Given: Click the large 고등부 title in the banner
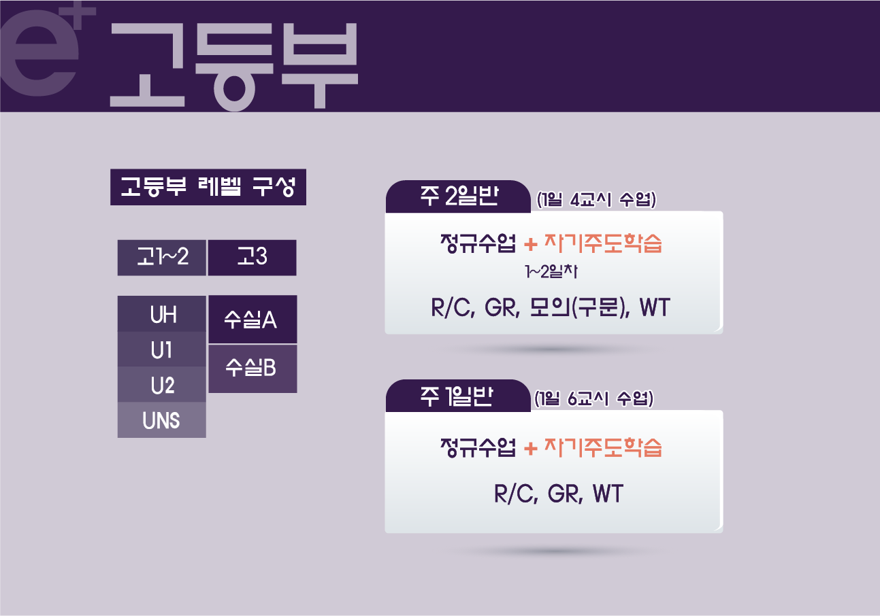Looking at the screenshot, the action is click(x=234, y=66).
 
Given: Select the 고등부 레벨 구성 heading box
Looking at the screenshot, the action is click(x=208, y=187).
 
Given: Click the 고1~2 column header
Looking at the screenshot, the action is click(x=162, y=258).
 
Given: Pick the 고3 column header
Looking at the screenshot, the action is click(x=252, y=258).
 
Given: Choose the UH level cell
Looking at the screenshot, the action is click(x=162, y=314).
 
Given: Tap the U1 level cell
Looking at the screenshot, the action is click(x=162, y=349).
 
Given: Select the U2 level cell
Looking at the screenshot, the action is click(x=162, y=385).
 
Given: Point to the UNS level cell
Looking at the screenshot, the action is click(x=162, y=420).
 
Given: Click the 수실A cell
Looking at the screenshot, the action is click(x=252, y=320).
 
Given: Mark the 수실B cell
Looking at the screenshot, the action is click(x=252, y=369).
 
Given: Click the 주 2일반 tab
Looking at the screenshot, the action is click(x=458, y=196).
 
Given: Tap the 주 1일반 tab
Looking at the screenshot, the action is click(x=458, y=396).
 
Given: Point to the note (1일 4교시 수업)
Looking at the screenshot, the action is click(x=596, y=200).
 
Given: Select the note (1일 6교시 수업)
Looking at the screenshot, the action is click(x=594, y=398).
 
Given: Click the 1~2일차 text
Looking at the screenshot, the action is click(x=551, y=271).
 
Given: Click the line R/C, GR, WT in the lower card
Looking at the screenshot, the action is click(x=559, y=494).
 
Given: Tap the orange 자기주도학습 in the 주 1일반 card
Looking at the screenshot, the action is click(x=603, y=447).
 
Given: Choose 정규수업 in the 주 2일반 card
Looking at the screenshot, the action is click(x=478, y=243).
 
